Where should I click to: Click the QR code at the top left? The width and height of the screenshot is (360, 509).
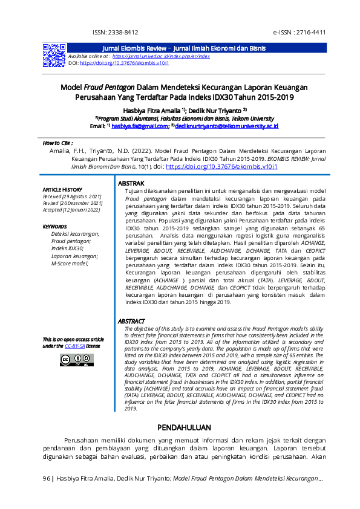coord(54,55)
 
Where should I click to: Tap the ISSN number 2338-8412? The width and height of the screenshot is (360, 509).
coord(116,32)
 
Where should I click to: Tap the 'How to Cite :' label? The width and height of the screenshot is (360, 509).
coord(57,143)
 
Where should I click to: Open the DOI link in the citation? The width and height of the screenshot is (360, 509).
coord(221,166)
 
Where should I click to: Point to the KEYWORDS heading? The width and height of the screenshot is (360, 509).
coord(55,227)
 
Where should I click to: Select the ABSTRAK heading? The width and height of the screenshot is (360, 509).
coord(131,183)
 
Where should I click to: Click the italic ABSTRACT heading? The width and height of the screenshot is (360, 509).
coord(131,321)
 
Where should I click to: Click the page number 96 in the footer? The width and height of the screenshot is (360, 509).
coord(47,479)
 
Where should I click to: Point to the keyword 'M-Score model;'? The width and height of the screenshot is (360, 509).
coord(70,263)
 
